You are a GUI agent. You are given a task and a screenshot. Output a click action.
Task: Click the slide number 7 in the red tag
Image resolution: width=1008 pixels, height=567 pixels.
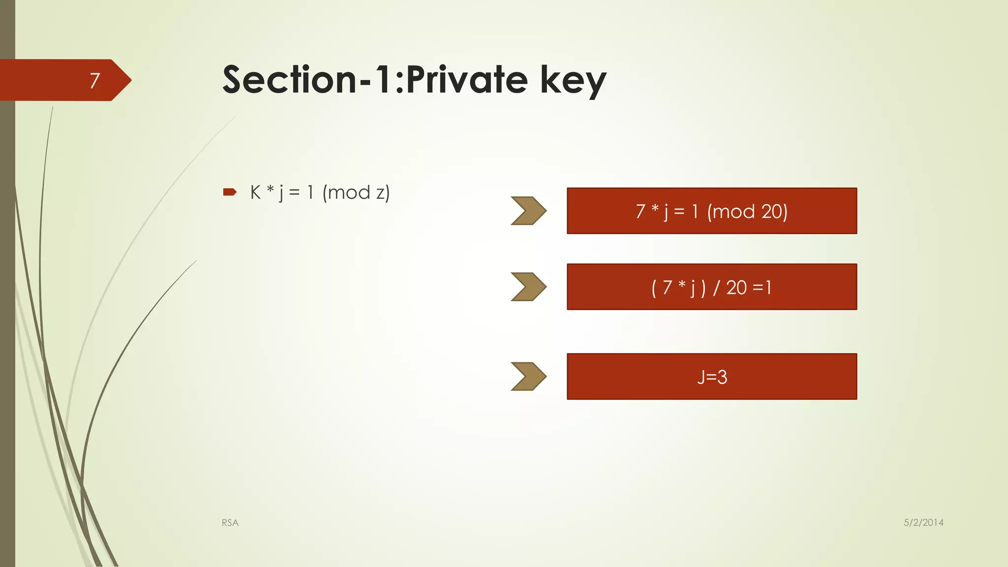pos(95,80)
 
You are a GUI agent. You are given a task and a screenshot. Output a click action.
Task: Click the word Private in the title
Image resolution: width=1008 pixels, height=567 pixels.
pos(467,80)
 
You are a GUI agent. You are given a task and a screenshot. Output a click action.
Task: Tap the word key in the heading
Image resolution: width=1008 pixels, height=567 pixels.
pos(573,81)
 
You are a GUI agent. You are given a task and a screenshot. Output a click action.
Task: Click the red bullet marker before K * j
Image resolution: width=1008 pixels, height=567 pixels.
pos(230,192)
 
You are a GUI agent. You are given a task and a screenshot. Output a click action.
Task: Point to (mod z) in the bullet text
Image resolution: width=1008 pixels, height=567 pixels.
pos(356,192)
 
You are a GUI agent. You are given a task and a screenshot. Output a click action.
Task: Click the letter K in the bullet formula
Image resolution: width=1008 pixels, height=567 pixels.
pos(255,192)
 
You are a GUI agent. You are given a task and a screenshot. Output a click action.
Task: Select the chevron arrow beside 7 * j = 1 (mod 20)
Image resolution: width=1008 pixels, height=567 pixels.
pos(528,211)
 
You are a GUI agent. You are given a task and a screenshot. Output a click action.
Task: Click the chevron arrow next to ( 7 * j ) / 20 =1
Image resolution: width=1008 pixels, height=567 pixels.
pos(528,286)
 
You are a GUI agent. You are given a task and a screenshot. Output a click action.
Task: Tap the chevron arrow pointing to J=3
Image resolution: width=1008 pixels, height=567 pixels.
pos(528,377)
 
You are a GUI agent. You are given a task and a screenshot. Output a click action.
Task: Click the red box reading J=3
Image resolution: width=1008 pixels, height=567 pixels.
pos(712,377)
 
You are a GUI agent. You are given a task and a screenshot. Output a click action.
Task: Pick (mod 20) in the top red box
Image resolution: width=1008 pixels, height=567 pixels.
pos(747,212)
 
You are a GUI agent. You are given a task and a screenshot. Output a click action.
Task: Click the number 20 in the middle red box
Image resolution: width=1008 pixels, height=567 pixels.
pos(736,287)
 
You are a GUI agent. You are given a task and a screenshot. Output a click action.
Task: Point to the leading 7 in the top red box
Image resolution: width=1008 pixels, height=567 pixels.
pos(640,212)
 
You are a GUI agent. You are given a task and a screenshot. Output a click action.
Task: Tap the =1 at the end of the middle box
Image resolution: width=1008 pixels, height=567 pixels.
pos(762,287)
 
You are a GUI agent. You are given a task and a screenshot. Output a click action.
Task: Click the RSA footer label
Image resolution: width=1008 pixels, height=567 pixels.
pos(230,523)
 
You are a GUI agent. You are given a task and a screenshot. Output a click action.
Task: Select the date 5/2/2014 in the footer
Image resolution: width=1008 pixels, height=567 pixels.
pos(923,523)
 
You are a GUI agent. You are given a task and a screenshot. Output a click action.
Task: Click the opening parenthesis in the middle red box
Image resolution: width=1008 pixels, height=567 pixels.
pos(654,288)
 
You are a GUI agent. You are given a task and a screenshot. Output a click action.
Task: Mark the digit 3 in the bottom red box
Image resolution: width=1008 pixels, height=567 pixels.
pos(722,378)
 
